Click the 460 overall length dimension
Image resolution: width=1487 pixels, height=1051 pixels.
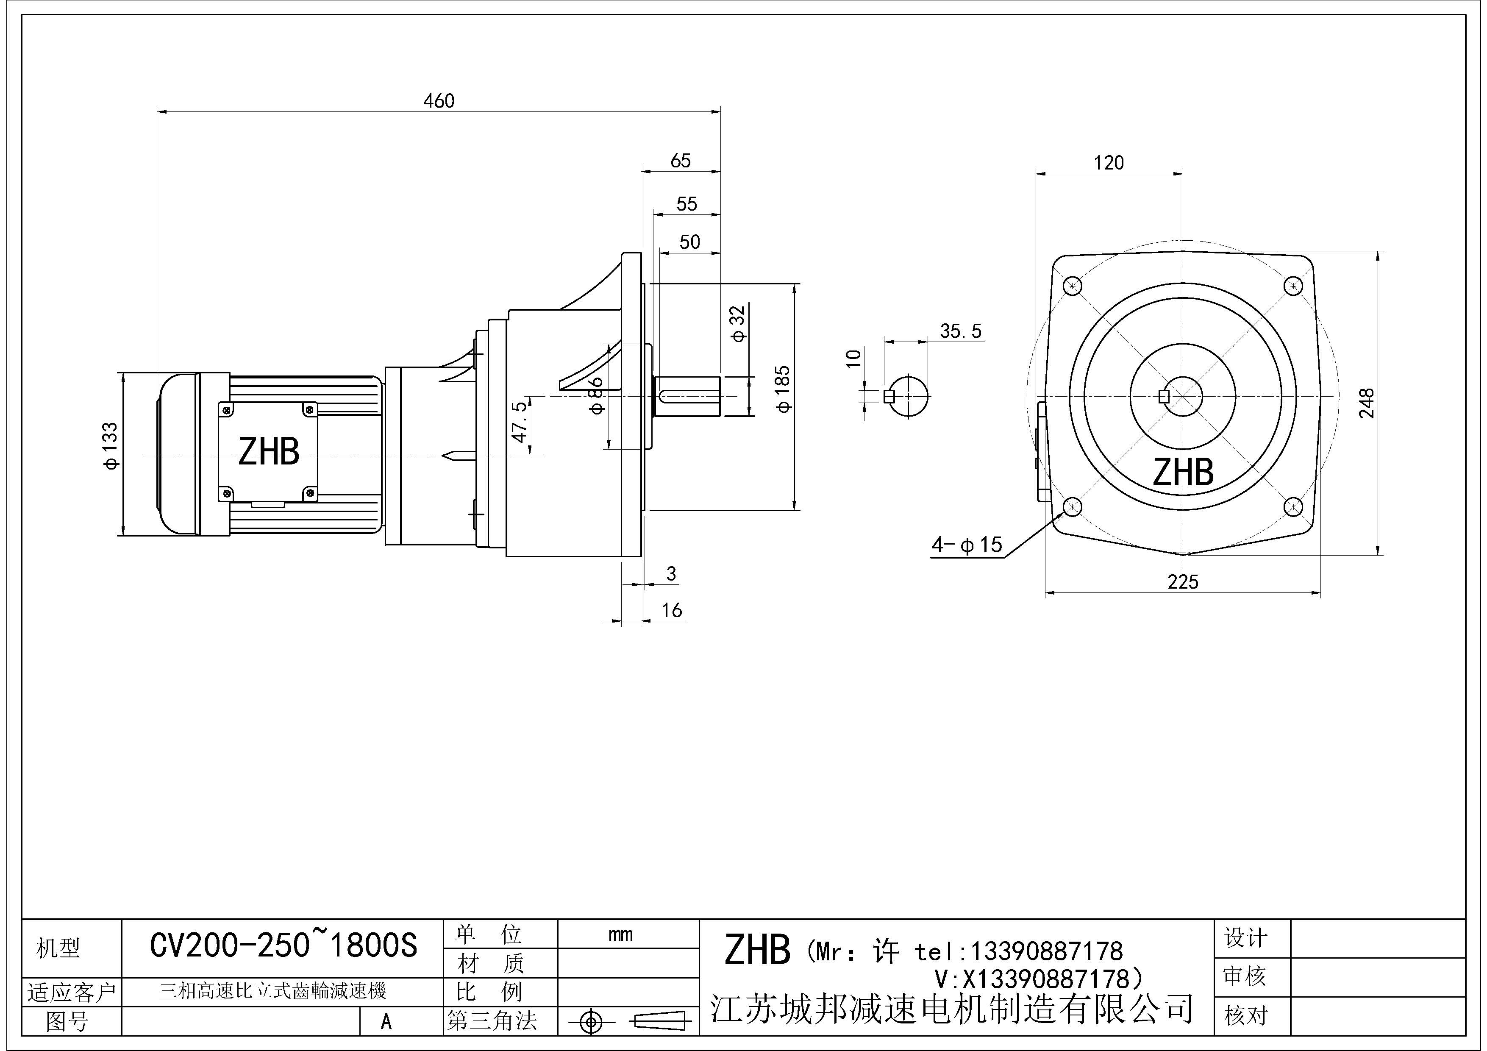point(439,101)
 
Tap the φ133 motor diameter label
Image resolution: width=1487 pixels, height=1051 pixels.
point(110,445)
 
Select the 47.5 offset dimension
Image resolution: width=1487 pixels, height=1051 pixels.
point(520,422)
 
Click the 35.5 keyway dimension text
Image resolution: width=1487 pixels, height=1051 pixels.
point(960,331)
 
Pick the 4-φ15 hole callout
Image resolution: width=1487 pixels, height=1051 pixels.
point(966,545)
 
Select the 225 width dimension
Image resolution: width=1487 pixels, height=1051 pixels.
point(1183,581)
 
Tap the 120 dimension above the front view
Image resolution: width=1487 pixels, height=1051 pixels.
point(1109,163)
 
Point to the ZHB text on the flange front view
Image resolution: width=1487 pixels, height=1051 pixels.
point(1183,472)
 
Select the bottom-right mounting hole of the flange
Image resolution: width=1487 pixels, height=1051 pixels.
point(1293,506)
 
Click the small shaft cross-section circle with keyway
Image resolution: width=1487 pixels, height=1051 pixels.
point(909,396)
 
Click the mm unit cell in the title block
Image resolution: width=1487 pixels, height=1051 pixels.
point(620,934)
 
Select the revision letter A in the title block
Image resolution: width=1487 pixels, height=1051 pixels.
point(386,1021)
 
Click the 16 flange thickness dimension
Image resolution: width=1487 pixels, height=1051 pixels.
point(672,610)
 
